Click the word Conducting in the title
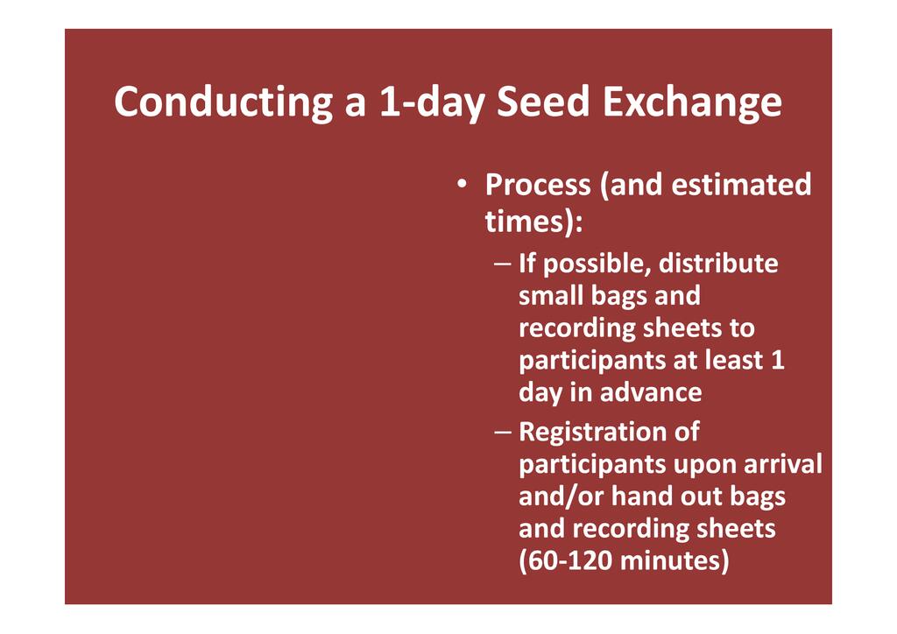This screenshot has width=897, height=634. tap(223, 102)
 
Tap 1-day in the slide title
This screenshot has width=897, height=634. tap(432, 102)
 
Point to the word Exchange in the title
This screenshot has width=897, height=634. tap(692, 102)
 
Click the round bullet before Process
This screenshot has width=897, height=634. tap(462, 184)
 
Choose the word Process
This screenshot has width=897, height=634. tap(538, 186)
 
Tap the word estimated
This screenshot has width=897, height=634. tap(741, 184)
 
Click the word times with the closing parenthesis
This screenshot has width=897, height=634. tap(533, 222)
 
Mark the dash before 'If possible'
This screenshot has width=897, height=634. tap(502, 264)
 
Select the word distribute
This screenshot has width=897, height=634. tap(718, 264)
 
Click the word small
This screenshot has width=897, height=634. tap(549, 296)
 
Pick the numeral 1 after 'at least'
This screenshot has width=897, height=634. tap(778, 360)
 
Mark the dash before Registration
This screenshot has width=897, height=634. tap(502, 432)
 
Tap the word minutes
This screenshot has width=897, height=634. tap(670, 560)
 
